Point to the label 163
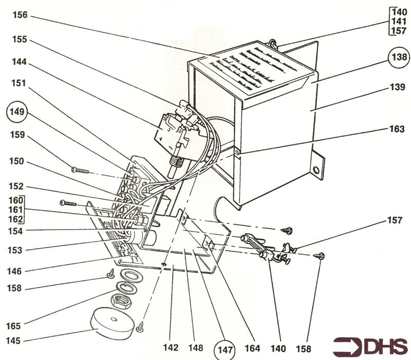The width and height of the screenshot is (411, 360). coord(397,129)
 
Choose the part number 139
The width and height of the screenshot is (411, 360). coord(397,88)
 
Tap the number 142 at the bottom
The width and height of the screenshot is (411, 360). coord(171,348)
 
